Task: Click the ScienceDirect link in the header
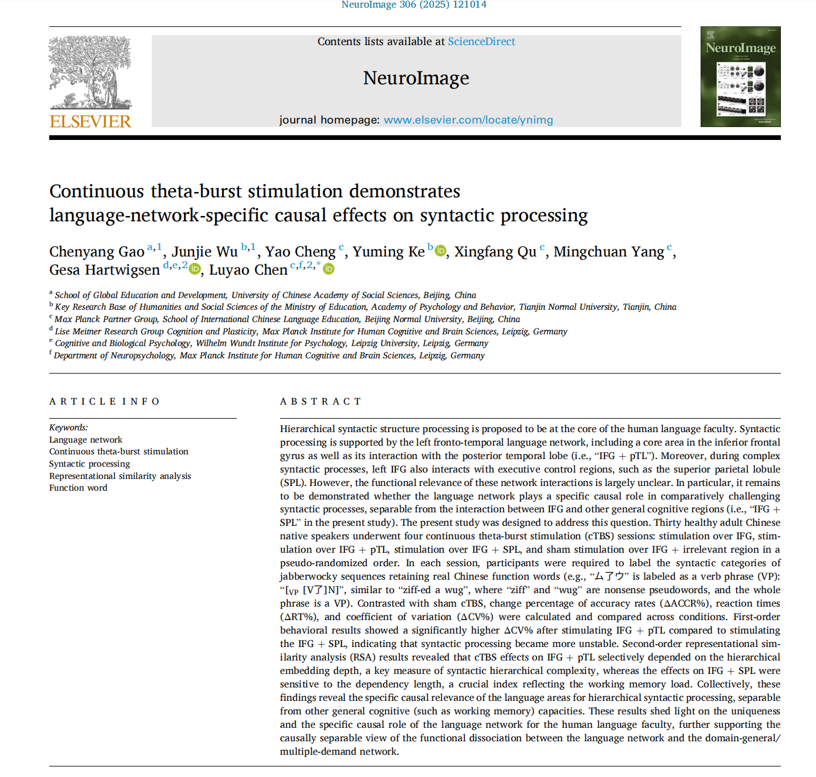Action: pyautogui.click(x=481, y=42)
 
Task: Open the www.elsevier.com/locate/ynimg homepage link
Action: pyautogui.click(x=468, y=120)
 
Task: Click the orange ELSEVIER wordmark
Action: pyautogui.click(x=90, y=122)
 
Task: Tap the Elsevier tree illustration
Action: pyautogui.click(x=90, y=72)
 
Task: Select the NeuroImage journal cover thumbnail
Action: pyautogui.click(x=740, y=77)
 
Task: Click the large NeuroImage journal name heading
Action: pyautogui.click(x=416, y=78)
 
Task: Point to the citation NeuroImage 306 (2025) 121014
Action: pyautogui.click(x=414, y=5)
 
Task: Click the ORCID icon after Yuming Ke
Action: pyautogui.click(x=441, y=251)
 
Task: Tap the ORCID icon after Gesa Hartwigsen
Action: pyautogui.click(x=194, y=269)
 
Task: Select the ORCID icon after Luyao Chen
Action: pyautogui.click(x=329, y=269)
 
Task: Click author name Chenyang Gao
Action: pyautogui.click(x=97, y=252)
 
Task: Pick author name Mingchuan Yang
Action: pyautogui.click(x=609, y=252)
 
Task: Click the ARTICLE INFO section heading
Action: pyautogui.click(x=104, y=402)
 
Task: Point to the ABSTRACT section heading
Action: pyautogui.click(x=320, y=402)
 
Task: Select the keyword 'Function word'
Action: pyautogui.click(x=78, y=488)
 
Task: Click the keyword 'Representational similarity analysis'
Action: pyautogui.click(x=120, y=476)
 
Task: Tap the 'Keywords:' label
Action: pyautogui.click(x=69, y=427)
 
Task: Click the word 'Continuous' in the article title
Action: pyautogui.click(x=97, y=191)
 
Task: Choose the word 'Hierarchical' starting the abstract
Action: pyautogui.click(x=308, y=429)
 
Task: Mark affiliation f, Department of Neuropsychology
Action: pyautogui.click(x=269, y=355)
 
